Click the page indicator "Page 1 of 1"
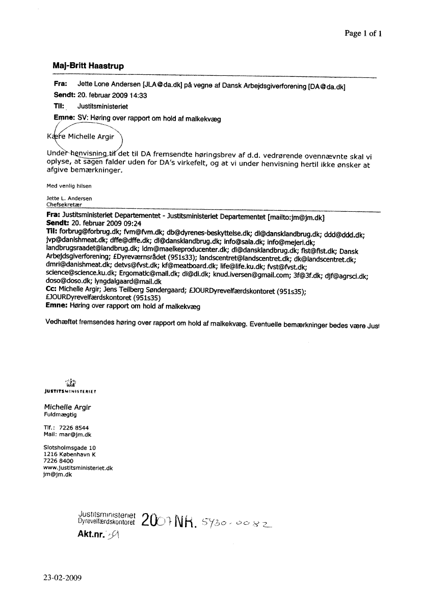click(x=363, y=34)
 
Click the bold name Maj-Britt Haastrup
click(x=88, y=66)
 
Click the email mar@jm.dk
click(x=75, y=435)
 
